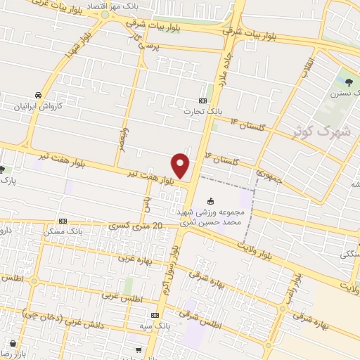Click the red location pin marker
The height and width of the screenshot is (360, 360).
(x=181, y=165)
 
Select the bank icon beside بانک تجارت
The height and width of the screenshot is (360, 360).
(x=203, y=100)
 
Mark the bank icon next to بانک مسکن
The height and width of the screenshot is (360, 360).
(x=63, y=220)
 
